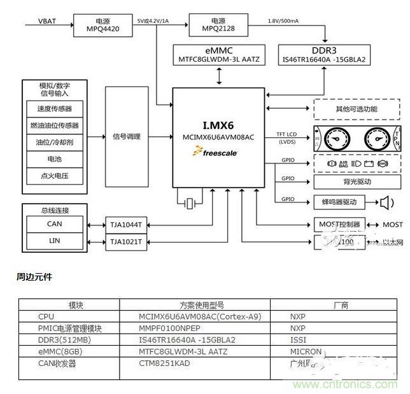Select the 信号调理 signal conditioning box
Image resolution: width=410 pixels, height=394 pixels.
tap(126, 136)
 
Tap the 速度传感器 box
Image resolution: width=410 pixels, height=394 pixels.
tap(55, 109)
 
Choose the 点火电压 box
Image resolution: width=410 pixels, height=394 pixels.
tap(55, 175)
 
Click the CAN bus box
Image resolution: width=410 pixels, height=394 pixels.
tap(55, 223)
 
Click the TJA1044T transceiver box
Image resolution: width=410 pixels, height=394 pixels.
tap(126, 225)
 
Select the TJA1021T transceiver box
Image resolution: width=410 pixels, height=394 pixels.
tap(126, 242)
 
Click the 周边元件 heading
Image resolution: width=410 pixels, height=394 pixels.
tap(34, 277)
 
